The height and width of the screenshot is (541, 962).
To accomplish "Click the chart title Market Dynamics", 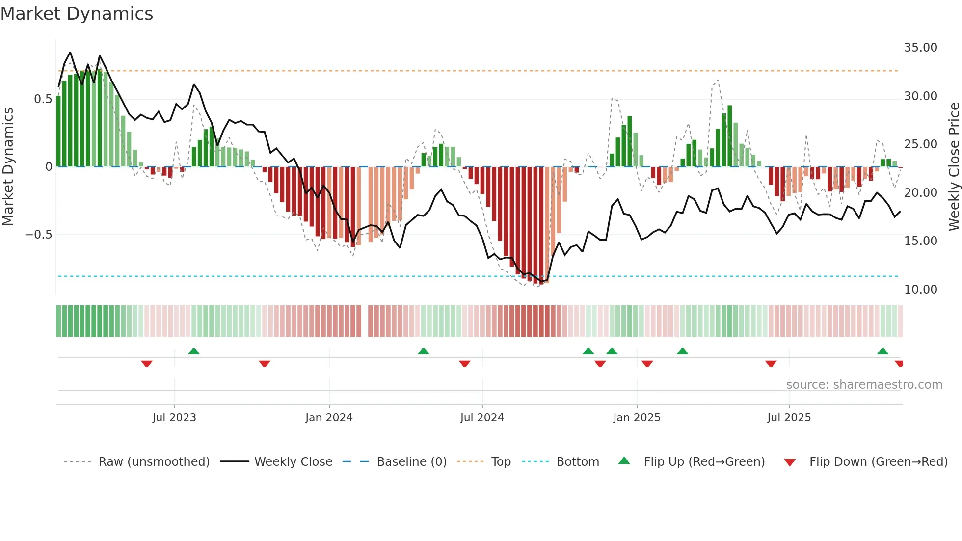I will click(77, 14).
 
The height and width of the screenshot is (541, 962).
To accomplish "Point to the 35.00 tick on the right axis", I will click(920, 48).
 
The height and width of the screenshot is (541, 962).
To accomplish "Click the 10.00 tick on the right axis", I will click(920, 290).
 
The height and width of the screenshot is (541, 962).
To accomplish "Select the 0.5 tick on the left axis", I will click(43, 99).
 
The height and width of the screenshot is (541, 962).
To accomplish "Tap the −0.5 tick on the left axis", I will click(39, 235).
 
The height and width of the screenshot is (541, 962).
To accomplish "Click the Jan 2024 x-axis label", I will click(329, 418).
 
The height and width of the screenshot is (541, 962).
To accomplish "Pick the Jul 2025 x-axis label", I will click(789, 418).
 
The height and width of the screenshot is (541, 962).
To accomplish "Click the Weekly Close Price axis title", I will click(954, 166).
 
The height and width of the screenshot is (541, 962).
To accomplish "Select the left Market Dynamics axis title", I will click(8, 166).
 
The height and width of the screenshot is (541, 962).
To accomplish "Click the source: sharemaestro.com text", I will click(864, 385).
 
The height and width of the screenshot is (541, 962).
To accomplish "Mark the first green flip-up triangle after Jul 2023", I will click(194, 351).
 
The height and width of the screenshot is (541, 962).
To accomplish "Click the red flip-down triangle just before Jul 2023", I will click(147, 364).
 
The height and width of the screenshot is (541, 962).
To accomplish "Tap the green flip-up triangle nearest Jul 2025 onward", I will click(882, 351).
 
